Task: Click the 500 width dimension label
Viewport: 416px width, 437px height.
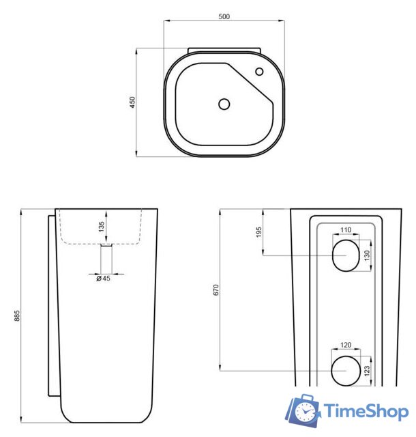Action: [x=224, y=16]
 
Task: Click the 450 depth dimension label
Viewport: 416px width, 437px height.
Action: [x=133, y=102]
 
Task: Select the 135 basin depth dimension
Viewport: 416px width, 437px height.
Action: [x=102, y=226]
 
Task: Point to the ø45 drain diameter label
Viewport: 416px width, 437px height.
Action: [x=103, y=278]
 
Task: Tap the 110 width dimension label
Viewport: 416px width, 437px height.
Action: [x=345, y=231]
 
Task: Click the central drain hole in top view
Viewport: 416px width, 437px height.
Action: [x=224, y=104]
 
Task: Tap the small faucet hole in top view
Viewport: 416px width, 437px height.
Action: [x=260, y=72]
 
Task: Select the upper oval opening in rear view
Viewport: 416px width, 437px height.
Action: [x=345, y=256]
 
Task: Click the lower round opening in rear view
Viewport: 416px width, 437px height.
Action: [x=345, y=371]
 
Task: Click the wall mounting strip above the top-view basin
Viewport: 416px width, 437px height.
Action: [x=224, y=49]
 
